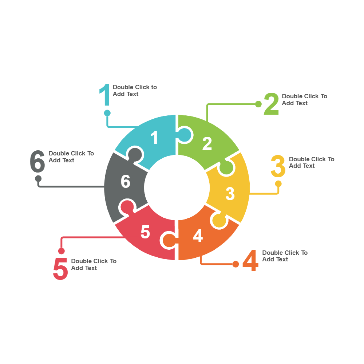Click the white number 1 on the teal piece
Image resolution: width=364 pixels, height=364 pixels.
(x=155, y=138)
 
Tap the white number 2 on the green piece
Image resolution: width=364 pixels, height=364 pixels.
(x=207, y=144)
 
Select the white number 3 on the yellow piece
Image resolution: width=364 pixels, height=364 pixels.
(x=230, y=194)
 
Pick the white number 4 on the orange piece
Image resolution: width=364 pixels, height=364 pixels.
(x=198, y=236)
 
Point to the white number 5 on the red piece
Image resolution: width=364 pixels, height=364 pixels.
(x=145, y=232)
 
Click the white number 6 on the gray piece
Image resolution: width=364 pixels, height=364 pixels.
(x=126, y=182)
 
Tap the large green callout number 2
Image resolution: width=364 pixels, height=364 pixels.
(x=271, y=104)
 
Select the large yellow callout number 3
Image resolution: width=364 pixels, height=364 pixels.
(x=278, y=166)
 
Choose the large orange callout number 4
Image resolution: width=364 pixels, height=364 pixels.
(x=250, y=261)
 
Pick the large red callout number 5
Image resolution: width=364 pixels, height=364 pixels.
(x=60, y=269)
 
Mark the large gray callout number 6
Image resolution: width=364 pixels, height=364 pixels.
(x=37, y=162)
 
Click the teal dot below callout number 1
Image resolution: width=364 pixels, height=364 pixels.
(x=107, y=113)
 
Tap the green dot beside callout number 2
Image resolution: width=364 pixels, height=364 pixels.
(x=258, y=104)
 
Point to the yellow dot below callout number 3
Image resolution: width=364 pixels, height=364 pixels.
(x=278, y=183)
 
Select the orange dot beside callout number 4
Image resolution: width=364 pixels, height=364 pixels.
(x=236, y=264)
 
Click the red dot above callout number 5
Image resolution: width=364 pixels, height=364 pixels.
(x=62, y=251)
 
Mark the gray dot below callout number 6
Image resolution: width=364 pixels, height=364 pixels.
(x=38, y=179)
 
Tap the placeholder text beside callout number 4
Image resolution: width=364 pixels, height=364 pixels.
(x=285, y=256)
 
